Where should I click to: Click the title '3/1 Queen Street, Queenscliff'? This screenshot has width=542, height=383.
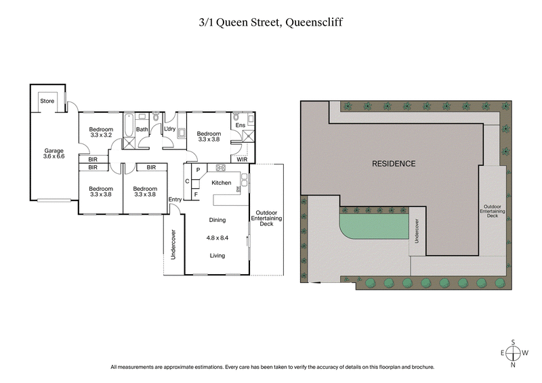(x=270, y=22)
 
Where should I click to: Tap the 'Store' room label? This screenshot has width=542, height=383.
(x=47, y=102)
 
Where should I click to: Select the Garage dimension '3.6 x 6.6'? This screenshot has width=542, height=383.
(x=54, y=156)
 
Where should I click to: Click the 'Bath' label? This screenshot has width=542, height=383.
(x=142, y=129)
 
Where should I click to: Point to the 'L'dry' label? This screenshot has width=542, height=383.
(x=169, y=129)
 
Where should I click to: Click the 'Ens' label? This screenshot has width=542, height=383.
(x=240, y=125)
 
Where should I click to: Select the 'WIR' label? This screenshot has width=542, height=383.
(x=242, y=160)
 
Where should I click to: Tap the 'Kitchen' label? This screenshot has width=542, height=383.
(x=222, y=183)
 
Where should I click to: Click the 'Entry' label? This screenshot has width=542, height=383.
(x=175, y=199)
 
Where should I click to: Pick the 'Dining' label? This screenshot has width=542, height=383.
(x=217, y=220)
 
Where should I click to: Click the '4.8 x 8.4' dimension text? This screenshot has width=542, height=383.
(x=217, y=238)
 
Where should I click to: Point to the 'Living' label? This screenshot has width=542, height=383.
(x=217, y=255)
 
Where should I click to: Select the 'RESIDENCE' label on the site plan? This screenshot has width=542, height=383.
(x=393, y=164)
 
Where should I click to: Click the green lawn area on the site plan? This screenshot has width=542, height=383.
(x=376, y=226)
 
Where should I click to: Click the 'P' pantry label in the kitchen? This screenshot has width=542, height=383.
(x=198, y=170)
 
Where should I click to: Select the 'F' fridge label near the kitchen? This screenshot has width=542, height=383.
(x=196, y=195)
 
